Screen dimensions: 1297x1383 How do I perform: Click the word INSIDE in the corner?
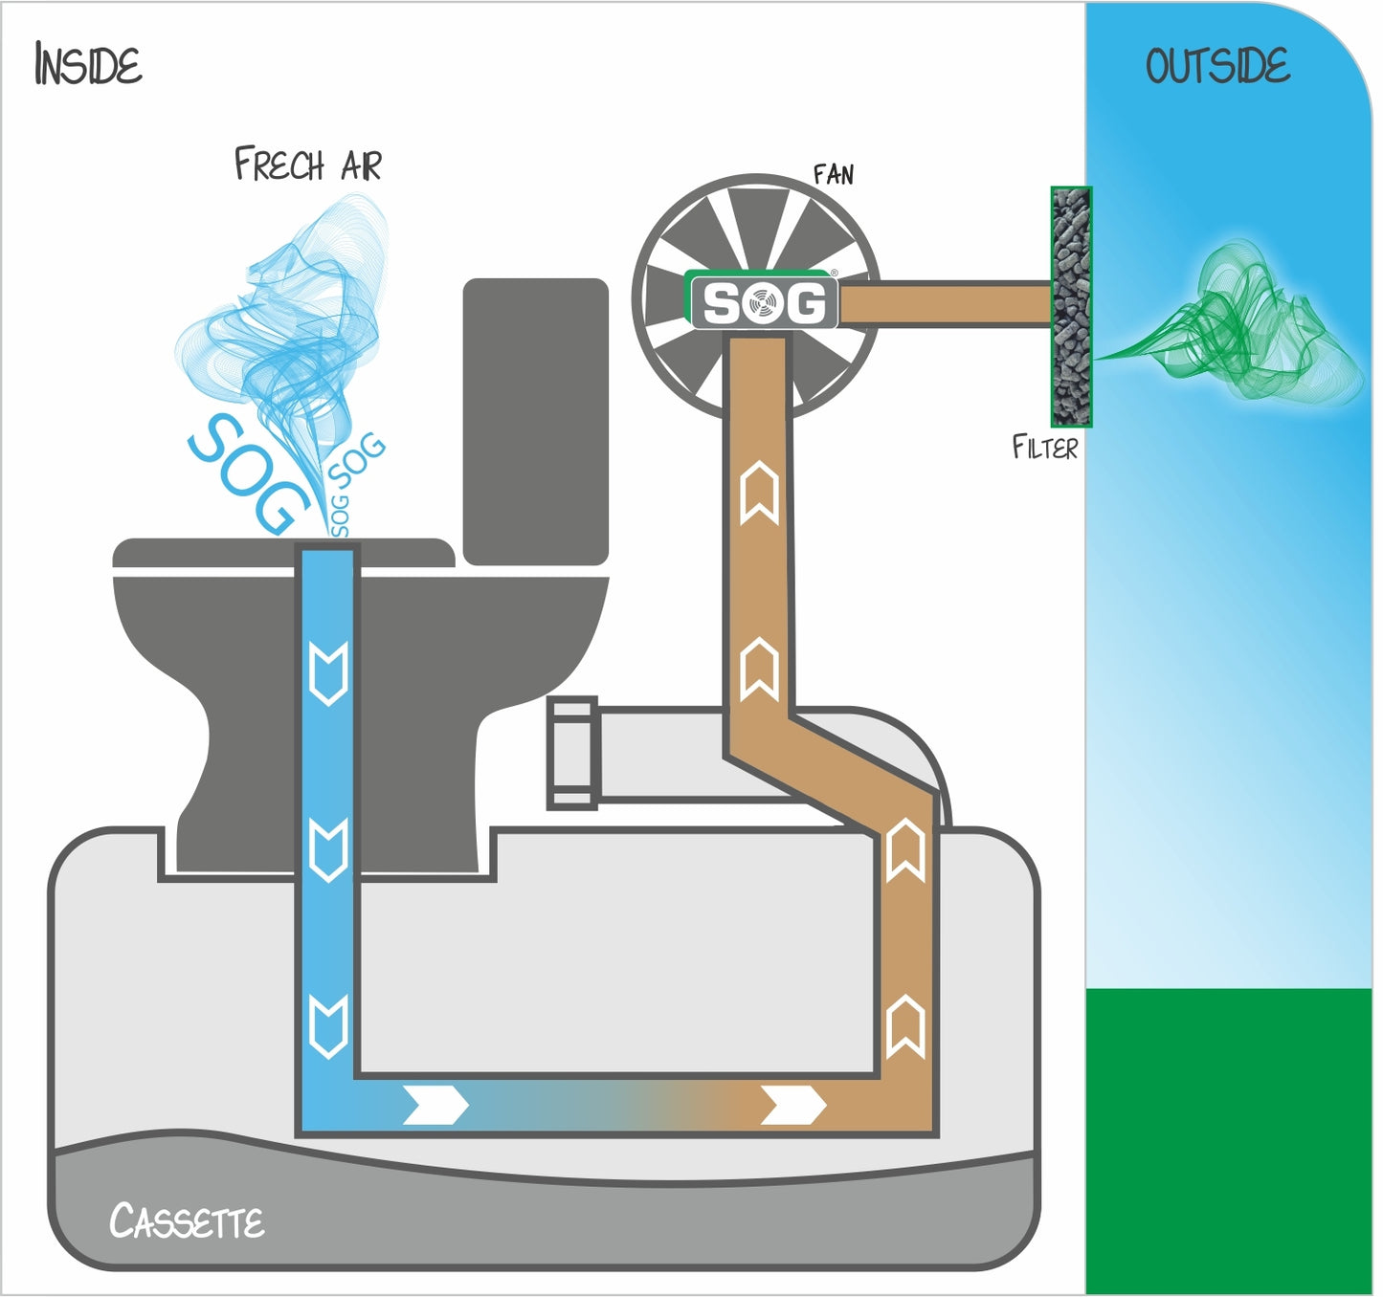coord(88,65)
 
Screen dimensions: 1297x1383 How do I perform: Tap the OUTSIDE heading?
coord(1217,66)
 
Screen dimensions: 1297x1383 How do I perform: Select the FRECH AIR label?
coord(308,165)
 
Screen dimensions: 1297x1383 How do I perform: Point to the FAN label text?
coord(833,174)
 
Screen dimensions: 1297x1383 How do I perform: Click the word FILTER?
coord(1044,447)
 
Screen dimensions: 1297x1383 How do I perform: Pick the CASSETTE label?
coord(187,1221)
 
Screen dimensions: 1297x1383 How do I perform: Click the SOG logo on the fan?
coord(763,303)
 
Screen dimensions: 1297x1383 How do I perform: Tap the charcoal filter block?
coord(1071,307)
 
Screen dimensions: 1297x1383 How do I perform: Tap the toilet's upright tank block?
coord(535,421)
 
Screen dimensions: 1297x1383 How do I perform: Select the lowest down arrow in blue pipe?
coord(329,1024)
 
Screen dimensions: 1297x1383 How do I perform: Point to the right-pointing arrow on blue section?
coord(435,1105)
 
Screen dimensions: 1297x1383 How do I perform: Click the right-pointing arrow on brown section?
coord(792,1105)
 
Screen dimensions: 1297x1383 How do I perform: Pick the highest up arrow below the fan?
coord(760,494)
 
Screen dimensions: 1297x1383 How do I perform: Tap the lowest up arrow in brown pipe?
coord(905,1026)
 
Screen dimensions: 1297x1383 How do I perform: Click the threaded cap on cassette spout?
coord(573,753)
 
